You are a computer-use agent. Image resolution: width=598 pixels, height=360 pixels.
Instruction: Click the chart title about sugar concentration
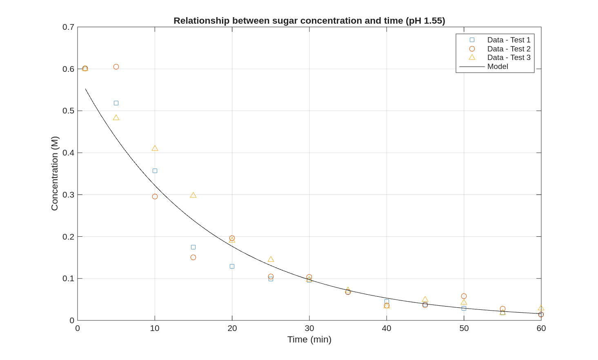(x=309, y=21)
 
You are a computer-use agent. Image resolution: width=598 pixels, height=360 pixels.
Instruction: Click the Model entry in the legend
(x=497, y=67)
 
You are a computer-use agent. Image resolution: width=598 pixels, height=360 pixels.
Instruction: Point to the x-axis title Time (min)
(x=309, y=340)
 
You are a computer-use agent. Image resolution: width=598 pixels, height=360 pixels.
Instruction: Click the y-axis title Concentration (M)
(x=55, y=173)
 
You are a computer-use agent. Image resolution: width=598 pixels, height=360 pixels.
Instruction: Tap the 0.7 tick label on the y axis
(x=68, y=27)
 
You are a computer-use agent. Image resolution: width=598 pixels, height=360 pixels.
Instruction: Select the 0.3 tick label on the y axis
(x=68, y=195)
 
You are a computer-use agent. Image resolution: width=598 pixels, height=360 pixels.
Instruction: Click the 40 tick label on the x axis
(x=386, y=329)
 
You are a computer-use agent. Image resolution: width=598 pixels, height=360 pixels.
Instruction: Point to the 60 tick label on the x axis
(x=541, y=329)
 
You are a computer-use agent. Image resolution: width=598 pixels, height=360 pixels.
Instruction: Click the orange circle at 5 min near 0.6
(x=116, y=67)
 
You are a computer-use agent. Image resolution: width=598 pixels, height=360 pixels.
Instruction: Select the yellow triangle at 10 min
(x=155, y=149)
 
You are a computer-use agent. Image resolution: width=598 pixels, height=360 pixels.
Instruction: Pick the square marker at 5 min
(x=116, y=103)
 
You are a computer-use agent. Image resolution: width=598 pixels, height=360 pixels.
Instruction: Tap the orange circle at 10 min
(x=155, y=197)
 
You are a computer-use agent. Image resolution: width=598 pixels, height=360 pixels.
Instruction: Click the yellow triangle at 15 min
(x=193, y=196)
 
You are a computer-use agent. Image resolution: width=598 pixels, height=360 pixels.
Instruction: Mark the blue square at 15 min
(x=193, y=247)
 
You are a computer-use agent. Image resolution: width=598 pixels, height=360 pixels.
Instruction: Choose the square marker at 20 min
(x=232, y=267)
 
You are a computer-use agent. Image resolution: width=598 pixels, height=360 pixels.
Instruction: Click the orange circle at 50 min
(x=464, y=296)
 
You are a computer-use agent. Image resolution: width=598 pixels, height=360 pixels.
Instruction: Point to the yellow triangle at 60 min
(x=541, y=309)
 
